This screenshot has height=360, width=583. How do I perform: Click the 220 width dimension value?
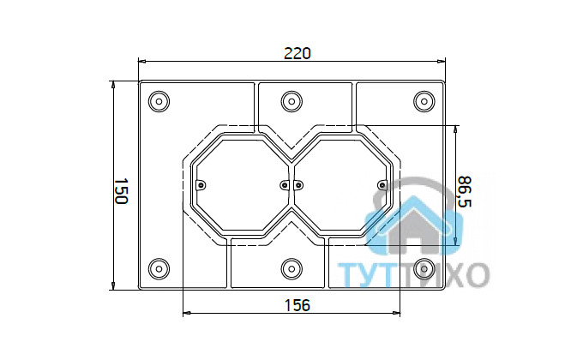298,53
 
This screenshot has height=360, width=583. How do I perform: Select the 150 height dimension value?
121,191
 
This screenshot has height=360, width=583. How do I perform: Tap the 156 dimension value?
298,305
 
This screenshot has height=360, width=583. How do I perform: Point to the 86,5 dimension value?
465,192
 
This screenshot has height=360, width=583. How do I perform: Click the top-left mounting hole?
159,101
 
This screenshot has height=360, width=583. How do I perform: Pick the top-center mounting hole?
291,101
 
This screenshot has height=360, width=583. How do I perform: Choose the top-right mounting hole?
424,101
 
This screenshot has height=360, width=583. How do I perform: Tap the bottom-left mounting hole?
159,268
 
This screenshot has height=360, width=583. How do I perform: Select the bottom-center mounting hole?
291,268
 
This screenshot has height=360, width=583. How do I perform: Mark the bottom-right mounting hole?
424,268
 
